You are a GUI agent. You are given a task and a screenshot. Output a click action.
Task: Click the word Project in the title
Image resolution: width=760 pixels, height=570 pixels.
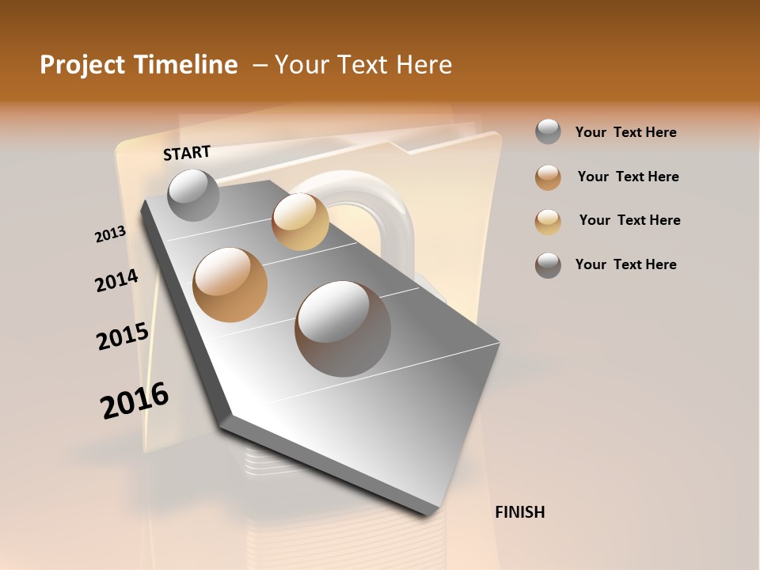(82, 65)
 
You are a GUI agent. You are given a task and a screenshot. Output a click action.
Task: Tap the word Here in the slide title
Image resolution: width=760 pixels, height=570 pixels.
(424, 65)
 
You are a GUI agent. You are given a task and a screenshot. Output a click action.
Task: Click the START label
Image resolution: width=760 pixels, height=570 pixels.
(187, 153)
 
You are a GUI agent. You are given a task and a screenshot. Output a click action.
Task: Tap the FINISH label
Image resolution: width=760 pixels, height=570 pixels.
(519, 512)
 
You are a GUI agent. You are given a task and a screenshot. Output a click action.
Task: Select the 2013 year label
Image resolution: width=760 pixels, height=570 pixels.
(110, 234)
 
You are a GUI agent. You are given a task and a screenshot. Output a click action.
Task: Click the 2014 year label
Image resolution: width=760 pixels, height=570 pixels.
(116, 280)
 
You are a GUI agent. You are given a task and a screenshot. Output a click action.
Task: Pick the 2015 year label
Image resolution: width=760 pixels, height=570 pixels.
(123, 336)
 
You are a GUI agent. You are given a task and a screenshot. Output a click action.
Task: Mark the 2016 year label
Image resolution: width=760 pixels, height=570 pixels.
(135, 401)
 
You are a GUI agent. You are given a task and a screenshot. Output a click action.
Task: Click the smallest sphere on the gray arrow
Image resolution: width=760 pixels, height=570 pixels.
(193, 195)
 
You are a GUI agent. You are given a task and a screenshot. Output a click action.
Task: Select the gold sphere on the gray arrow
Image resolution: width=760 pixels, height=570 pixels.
(300, 222)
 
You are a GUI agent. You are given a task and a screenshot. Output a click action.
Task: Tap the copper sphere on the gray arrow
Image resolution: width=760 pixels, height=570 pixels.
(230, 285)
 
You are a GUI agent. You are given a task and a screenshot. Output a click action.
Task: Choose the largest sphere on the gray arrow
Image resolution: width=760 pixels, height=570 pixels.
(343, 328)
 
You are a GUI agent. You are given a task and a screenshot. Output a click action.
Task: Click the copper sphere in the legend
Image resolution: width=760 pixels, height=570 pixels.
(548, 177)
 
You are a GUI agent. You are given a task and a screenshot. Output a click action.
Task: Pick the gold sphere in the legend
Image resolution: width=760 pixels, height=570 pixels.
(548, 222)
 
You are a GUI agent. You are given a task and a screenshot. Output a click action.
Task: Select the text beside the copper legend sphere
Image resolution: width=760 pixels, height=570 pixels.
(628, 177)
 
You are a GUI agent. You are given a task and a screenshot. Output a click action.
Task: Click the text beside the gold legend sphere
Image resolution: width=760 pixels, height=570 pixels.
(629, 220)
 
